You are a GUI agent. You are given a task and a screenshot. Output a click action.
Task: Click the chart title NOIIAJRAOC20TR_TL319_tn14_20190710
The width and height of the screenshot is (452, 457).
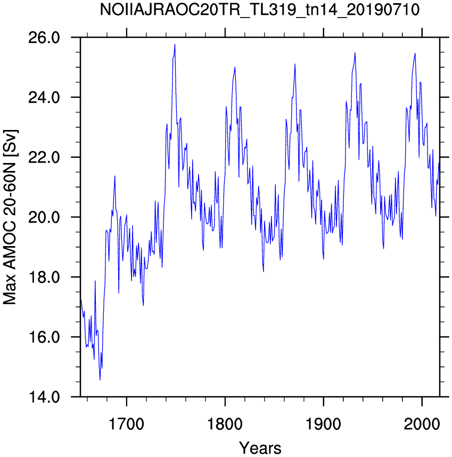click(259, 10)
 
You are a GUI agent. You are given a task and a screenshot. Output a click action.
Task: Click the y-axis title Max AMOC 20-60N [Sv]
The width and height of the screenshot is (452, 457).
click(10, 217)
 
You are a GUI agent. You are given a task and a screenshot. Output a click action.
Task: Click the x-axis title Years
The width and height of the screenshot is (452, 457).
click(260, 447)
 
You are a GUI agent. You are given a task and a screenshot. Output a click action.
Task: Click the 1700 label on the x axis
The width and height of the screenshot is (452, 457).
click(126, 425)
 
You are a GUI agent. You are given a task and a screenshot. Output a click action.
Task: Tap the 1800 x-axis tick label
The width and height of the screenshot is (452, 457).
click(225, 425)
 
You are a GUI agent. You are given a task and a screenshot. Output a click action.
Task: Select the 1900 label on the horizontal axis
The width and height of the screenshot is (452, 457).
click(323, 425)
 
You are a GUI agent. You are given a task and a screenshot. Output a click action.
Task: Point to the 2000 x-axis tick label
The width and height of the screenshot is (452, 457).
click(422, 425)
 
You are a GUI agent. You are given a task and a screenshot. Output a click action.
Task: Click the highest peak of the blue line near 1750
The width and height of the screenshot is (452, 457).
click(175, 44)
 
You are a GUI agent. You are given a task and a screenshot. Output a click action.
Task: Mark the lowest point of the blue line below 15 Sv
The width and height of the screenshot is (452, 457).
click(100, 380)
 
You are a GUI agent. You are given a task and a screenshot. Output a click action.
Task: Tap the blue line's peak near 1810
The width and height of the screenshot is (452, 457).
click(235, 67)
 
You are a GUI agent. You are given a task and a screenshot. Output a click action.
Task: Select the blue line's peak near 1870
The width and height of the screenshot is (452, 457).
click(295, 64)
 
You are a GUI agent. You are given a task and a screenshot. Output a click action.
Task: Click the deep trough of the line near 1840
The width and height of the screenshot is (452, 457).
click(264, 272)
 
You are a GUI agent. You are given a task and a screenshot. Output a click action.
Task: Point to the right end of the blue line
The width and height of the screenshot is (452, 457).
click(439, 162)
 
